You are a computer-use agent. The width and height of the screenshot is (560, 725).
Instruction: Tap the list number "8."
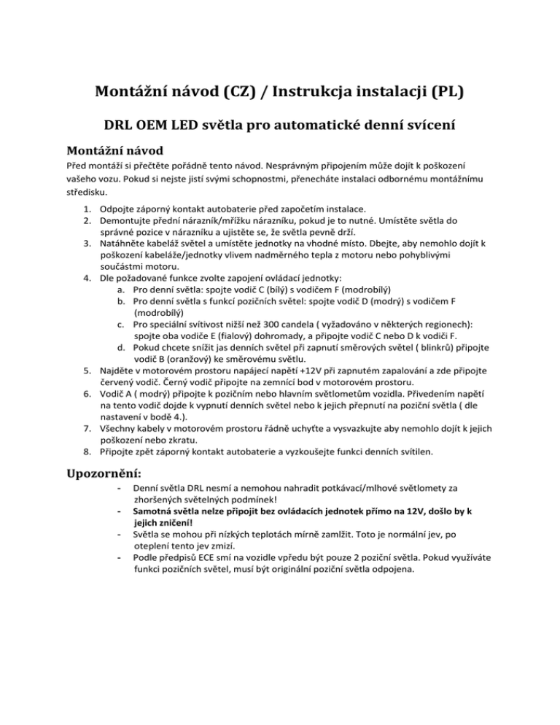[x=85, y=451]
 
